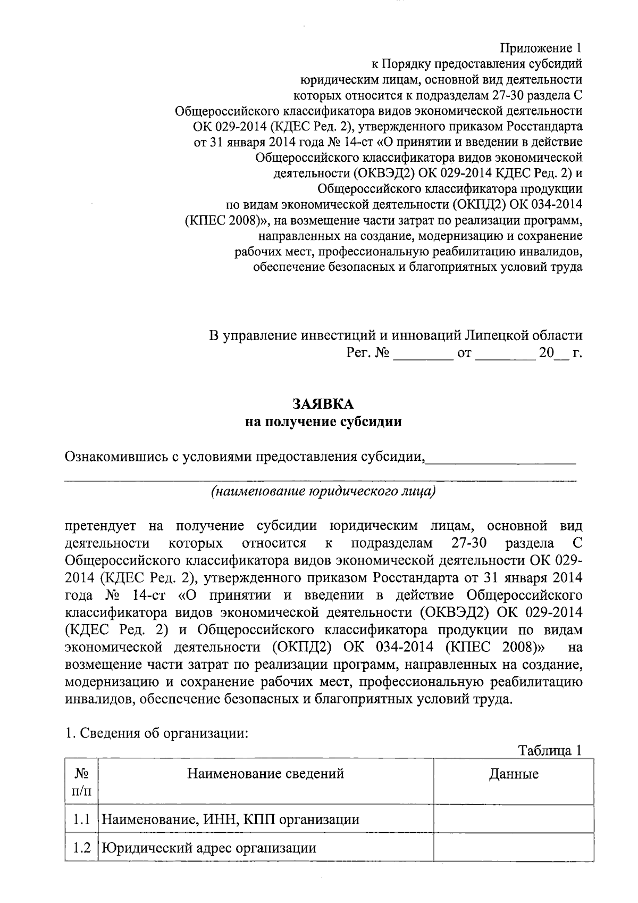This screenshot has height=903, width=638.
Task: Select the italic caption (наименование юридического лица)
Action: click(323, 491)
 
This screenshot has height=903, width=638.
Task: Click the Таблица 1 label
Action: click(550, 750)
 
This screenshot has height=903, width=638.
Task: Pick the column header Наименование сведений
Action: click(265, 773)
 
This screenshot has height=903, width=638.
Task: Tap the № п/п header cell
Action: click(81, 781)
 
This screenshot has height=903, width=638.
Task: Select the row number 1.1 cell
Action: click(81, 819)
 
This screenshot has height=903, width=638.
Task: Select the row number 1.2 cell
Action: click(81, 848)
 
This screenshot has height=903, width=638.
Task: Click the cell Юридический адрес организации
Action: click(209, 848)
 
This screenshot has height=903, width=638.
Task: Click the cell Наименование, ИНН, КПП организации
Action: click(230, 819)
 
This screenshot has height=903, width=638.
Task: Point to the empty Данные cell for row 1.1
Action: click(514, 819)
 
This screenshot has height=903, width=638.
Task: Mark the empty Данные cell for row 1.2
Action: click(514, 848)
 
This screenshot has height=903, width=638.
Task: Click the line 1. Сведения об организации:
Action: click(156, 733)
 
